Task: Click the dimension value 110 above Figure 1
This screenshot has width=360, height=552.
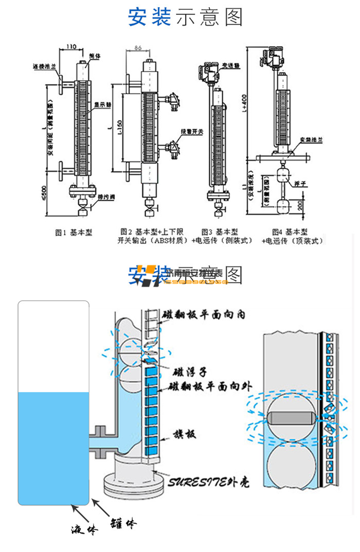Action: tap(71, 47)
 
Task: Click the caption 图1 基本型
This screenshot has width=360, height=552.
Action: tap(74, 233)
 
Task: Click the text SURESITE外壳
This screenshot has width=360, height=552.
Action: tap(209, 483)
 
